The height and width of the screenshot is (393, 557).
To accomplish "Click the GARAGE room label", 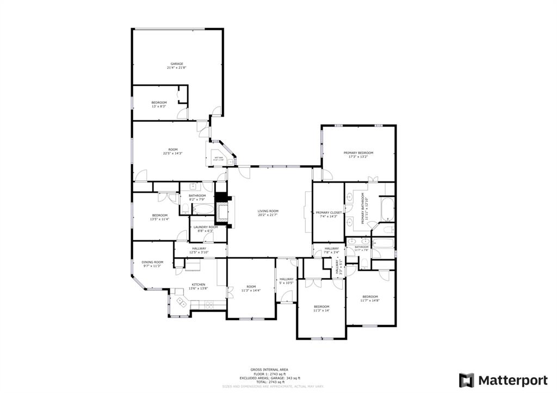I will [176, 64].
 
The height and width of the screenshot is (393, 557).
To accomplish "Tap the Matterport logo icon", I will [466, 379].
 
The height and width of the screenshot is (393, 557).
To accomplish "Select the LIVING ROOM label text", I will [268, 211].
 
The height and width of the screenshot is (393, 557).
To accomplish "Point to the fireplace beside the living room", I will [221, 210].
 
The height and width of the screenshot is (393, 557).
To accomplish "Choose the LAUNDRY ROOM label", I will [202, 227].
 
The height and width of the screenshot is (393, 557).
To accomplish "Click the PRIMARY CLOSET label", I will [329, 213].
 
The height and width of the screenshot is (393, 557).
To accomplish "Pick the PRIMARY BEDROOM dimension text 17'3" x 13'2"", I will [358, 157].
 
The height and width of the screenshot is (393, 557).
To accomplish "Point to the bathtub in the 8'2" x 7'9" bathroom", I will [203, 209].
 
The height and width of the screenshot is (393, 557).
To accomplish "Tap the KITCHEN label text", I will [198, 285].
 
